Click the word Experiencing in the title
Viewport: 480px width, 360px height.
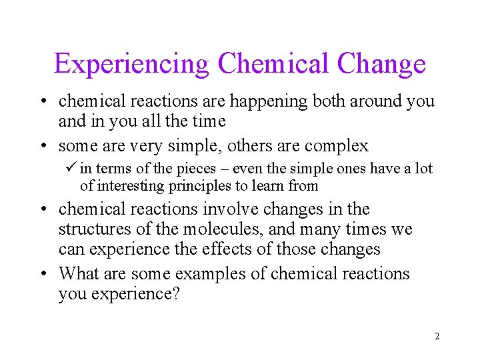[132, 64]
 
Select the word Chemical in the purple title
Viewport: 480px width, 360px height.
[273, 64]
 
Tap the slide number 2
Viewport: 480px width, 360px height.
[437, 336]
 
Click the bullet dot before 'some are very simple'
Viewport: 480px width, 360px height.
[43, 145]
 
